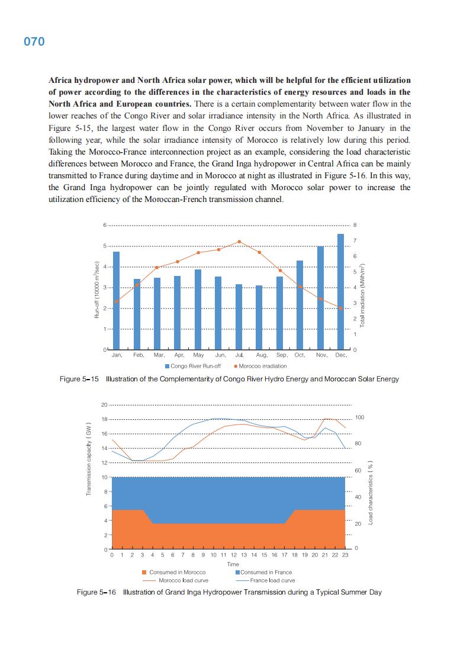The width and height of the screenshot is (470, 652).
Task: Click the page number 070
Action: [x=34, y=42]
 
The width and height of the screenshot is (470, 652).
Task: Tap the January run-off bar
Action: [x=117, y=300]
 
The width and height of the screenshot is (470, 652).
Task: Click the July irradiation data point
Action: [x=239, y=242]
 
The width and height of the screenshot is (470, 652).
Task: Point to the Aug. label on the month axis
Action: [x=261, y=355]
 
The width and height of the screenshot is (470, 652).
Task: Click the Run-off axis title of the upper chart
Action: [x=96, y=291]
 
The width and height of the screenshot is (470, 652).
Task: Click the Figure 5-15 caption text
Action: [x=229, y=379]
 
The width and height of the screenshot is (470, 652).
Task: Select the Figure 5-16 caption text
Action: [x=229, y=592]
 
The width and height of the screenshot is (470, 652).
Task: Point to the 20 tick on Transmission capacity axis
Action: [x=104, y=405]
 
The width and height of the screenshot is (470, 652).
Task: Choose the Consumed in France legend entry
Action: [x=263, y=572]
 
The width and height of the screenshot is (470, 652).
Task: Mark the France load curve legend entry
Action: [x=266, y=580]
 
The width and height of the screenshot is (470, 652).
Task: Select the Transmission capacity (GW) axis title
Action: [x=89, y=460]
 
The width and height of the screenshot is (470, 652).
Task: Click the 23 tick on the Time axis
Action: [x=345, y=555]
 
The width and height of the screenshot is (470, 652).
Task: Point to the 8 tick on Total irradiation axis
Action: [x=355, y=225]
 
